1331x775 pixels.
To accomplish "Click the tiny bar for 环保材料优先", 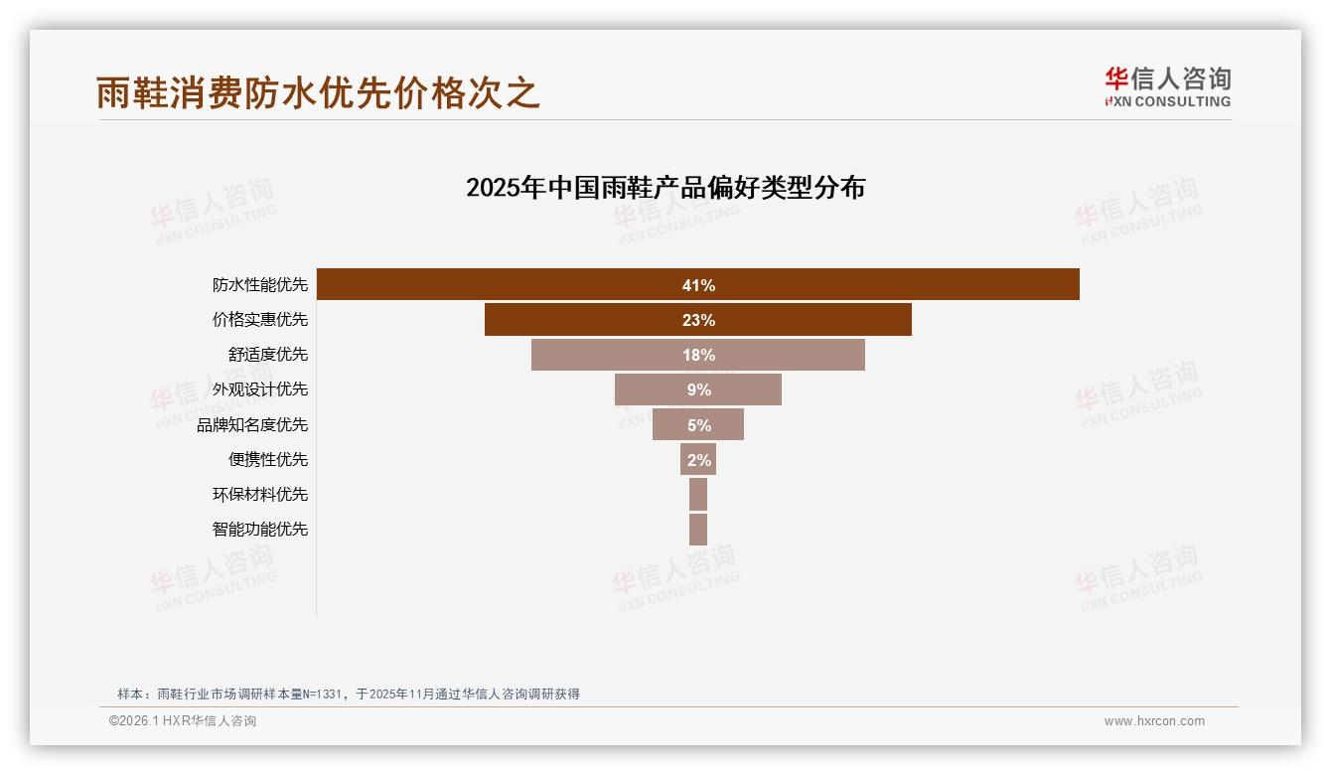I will point(698,494).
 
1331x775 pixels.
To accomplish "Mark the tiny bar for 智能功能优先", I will point(698,529).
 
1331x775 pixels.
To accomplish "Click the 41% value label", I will point(698,285).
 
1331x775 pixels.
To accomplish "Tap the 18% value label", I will point(699,355).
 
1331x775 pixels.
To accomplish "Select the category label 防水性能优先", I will point(260,285).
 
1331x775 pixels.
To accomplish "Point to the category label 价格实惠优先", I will point(260,320).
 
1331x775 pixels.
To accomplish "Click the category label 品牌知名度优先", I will point(252,425).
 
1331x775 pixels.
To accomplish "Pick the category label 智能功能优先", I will point(260,529).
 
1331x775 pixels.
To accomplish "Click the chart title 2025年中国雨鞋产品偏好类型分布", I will point(665,188).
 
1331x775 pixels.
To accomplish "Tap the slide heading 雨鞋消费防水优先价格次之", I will point(318,92).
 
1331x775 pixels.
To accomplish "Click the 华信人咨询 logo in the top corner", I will point(1167,86).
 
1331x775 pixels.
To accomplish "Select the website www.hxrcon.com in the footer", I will point(1154,721).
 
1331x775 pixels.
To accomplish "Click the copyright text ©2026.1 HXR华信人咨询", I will point(183,721).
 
